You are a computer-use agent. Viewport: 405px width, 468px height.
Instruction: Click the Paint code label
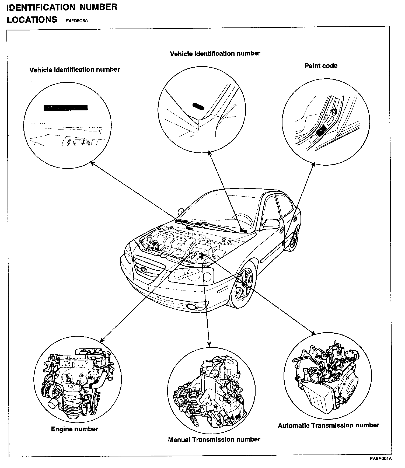coord(321,66)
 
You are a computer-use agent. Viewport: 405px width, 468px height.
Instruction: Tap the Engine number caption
coord(74,429)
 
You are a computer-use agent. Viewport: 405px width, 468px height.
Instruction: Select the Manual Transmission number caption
coord(214,439)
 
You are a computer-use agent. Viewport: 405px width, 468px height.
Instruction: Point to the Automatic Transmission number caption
coord(329,425)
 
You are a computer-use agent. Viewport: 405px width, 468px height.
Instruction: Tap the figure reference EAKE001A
coord(380,459)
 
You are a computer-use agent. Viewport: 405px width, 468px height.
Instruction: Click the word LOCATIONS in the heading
coord(32,20)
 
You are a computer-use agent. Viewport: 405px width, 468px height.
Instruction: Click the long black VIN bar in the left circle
coord(65,108)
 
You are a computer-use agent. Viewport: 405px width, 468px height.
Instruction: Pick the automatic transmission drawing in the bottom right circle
coord(327,377)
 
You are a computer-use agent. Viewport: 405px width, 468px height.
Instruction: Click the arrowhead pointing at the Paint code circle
coord(313,163)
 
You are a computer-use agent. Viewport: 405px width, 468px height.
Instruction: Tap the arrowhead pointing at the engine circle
coord(102,340)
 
